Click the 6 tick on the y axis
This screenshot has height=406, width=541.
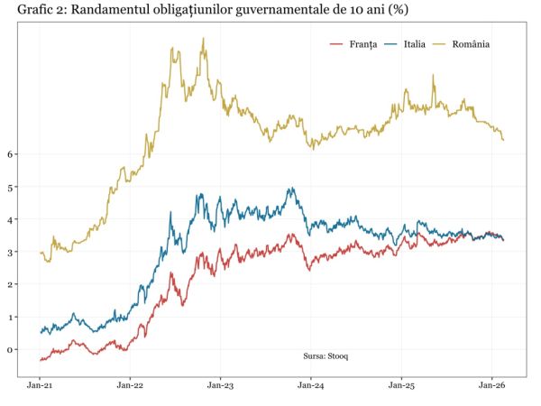(11, 154)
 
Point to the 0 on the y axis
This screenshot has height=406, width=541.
(11, 350)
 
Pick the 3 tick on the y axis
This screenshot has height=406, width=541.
(11, 253)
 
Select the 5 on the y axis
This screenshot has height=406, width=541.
(11, 187)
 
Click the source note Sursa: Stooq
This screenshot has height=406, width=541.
(326, 356)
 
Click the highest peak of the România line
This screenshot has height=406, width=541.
(203, 39)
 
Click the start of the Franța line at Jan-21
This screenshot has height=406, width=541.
(41, 360)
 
